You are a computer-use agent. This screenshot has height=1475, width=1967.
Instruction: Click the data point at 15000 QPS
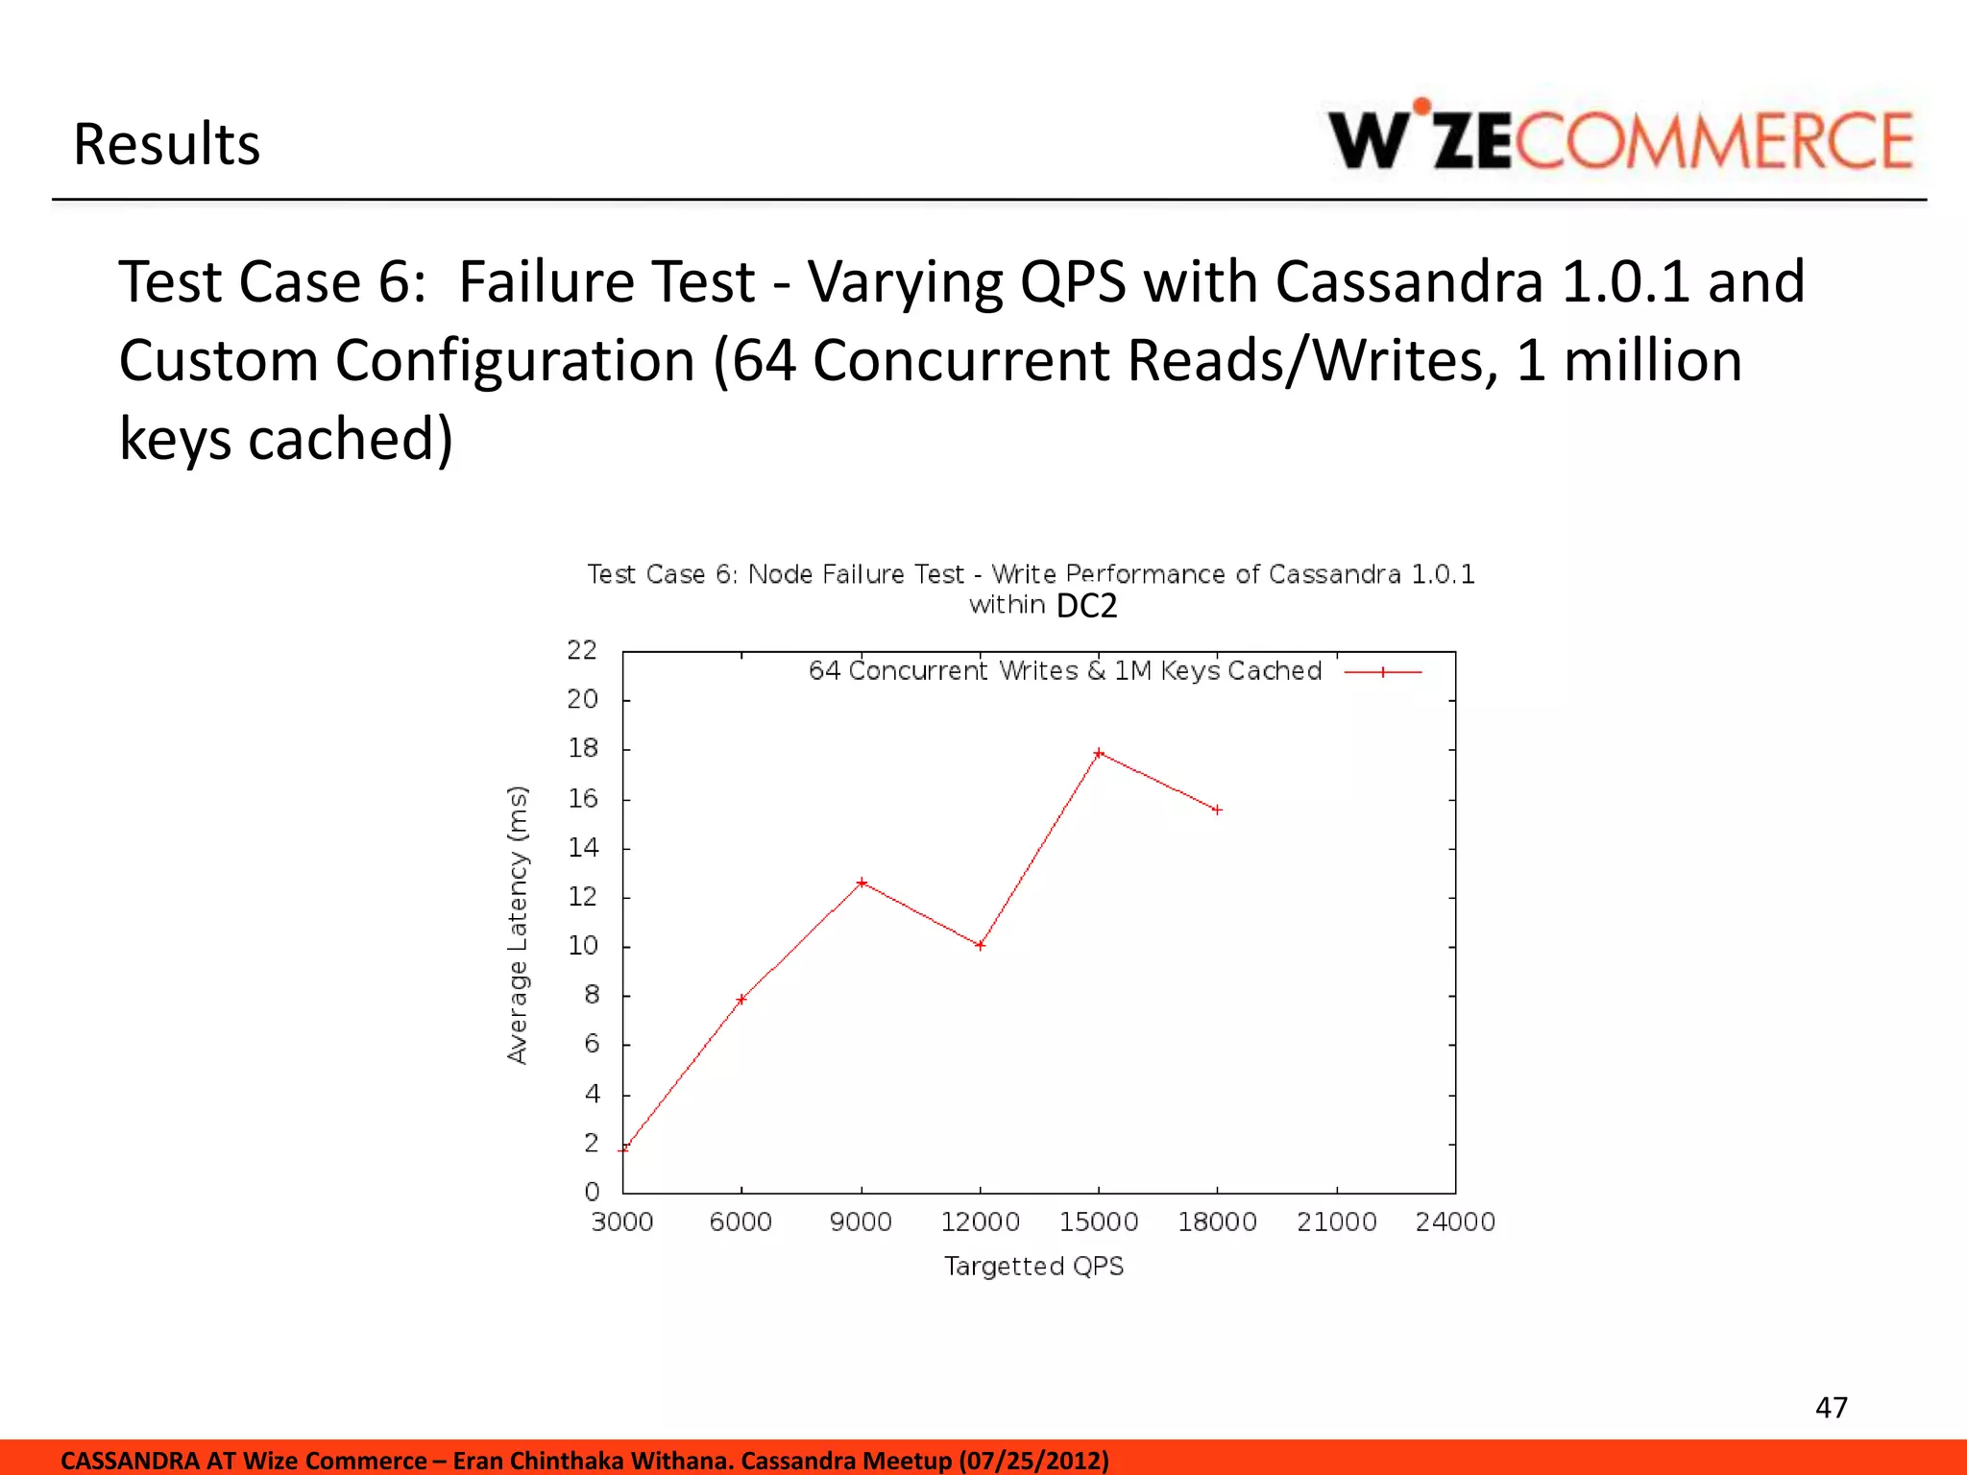pos(1099,754)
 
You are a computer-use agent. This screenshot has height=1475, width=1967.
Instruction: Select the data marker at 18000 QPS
pos(1217,810)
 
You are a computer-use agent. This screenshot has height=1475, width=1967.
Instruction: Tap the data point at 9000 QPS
pos(862,883)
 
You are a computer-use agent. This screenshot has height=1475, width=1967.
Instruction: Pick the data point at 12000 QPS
pos(980,946)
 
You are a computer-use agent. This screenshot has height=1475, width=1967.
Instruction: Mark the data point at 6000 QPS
pos(741,1000)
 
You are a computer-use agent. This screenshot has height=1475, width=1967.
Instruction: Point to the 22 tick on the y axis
pos(582,651)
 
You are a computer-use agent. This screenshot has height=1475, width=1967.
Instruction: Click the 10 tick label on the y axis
pos(582,946)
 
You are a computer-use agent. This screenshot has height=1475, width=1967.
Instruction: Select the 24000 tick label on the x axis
pos(1455,1222)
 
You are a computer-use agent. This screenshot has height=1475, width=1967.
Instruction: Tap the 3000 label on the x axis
pos(622,1222)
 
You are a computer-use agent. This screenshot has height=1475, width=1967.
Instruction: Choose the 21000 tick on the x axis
pos(1336,1222)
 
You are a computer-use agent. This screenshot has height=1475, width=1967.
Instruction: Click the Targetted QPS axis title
pos(1033,1267)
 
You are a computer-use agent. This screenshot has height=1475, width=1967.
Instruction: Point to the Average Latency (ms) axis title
pos(518,925)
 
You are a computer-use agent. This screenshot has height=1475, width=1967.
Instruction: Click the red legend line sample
pos(1382,672)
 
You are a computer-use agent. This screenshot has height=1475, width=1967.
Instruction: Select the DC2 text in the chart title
pos(1086,607)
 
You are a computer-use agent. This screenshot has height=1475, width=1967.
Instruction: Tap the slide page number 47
pos(1831,1408)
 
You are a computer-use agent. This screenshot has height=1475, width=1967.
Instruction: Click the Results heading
pos(167,145)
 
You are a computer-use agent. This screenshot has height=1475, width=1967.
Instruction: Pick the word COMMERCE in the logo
pos(1714,142)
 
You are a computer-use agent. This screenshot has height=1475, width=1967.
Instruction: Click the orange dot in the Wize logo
pos(1422,107)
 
